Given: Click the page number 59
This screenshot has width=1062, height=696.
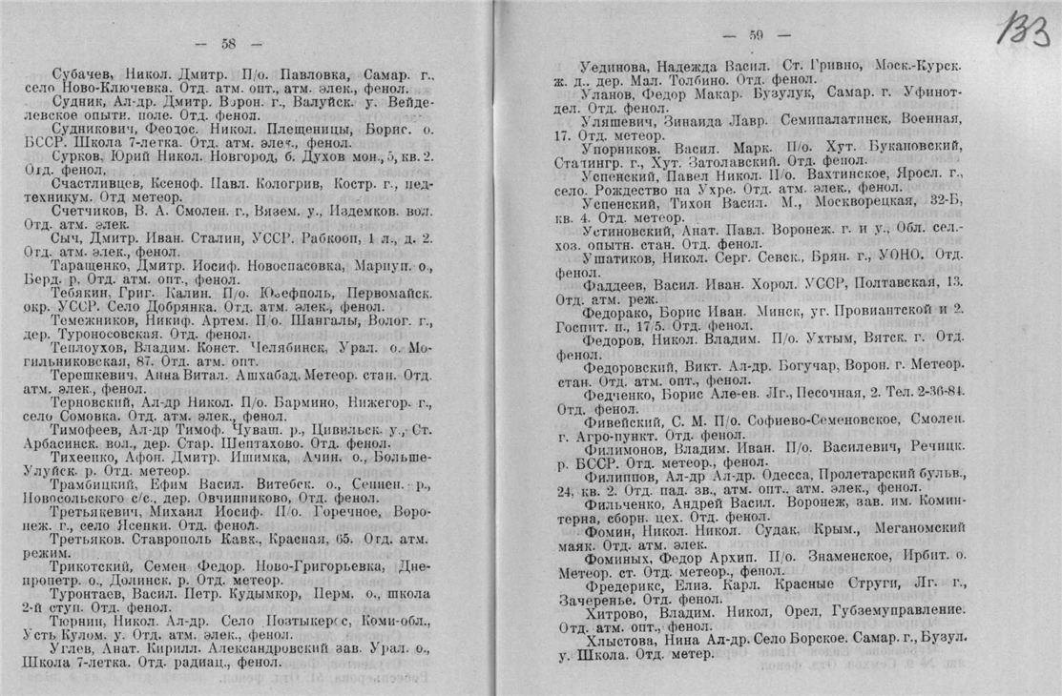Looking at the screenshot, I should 756,35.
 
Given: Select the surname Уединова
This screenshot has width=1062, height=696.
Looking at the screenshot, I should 615,64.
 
